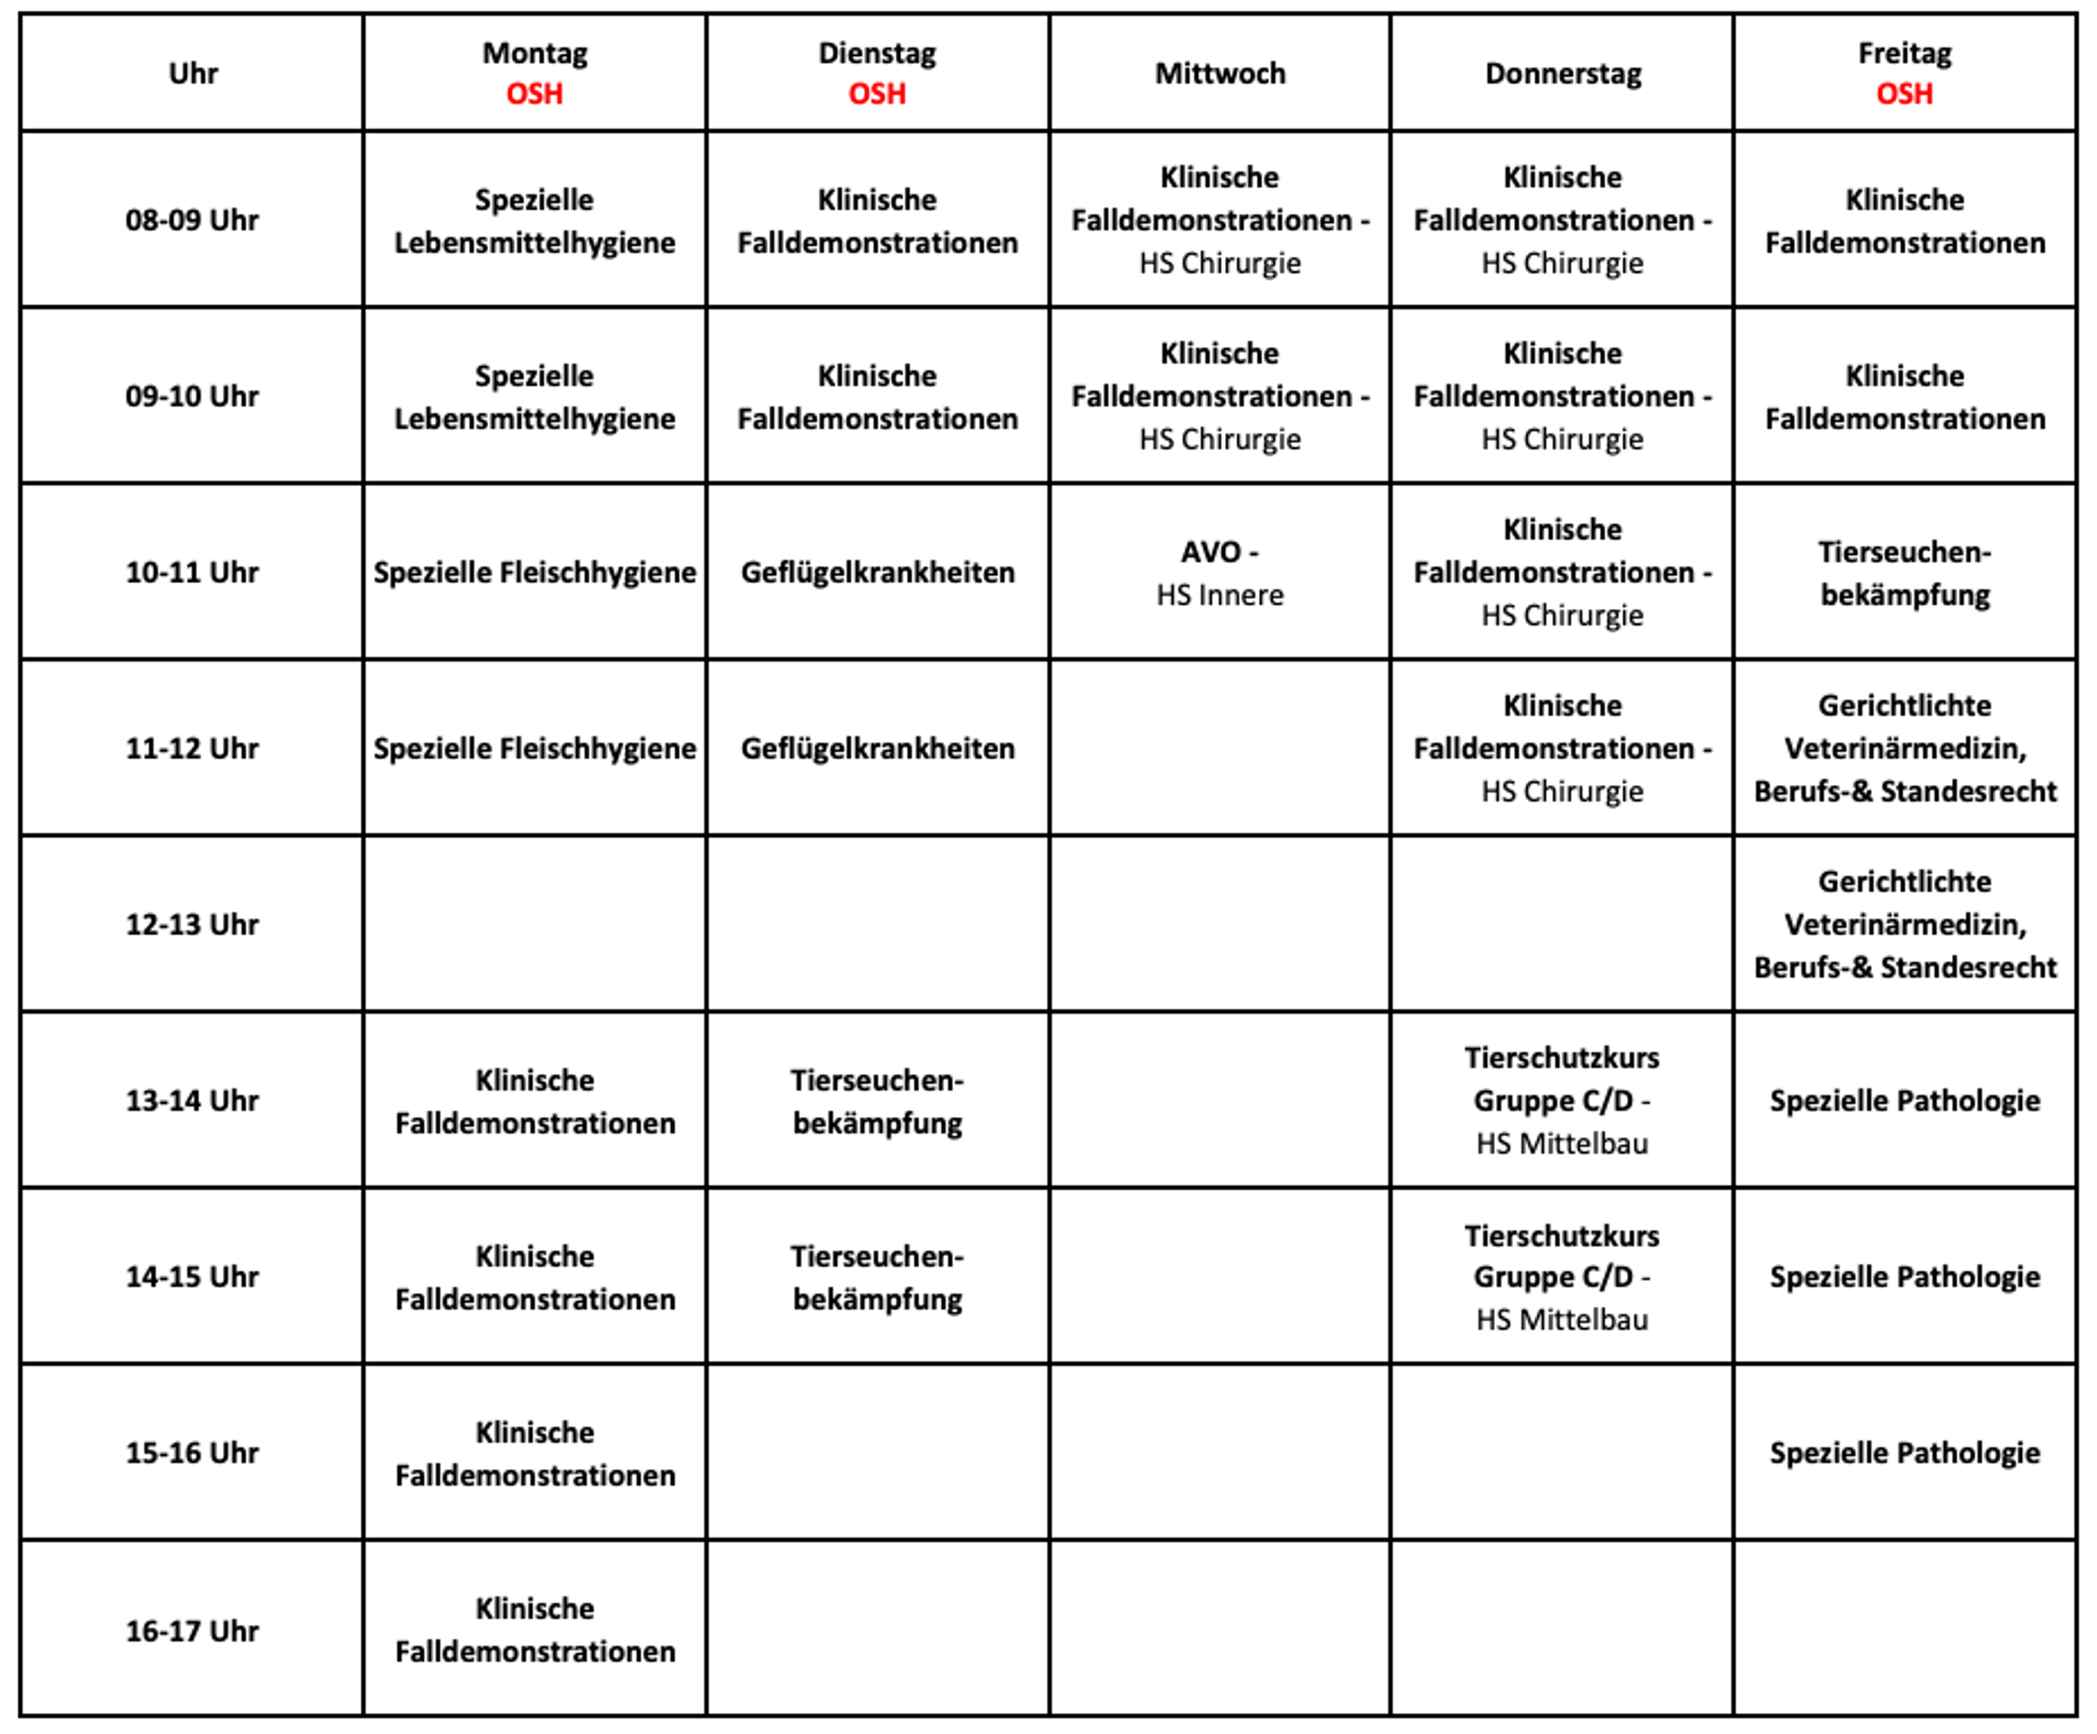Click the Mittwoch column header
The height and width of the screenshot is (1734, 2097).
click(1219, 73)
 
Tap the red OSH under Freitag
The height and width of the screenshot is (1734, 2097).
click(1904, 94)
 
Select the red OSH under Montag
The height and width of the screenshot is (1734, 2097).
click(534, 94)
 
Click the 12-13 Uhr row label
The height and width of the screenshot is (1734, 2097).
click(191, 924)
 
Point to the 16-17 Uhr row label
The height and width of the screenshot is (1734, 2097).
click(191, 1631)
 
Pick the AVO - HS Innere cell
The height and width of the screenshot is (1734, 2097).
click(1219, 572)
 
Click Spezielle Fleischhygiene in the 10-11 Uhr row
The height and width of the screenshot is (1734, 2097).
click(534, 572)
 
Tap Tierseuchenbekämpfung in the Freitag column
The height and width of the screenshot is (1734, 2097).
click(1904, 572)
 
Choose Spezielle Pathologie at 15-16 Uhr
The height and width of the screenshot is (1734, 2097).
click(1904, 1453)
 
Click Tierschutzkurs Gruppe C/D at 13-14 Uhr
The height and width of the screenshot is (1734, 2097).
click(1561, 1079)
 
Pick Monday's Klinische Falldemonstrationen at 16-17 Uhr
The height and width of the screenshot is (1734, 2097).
click(534, 1630)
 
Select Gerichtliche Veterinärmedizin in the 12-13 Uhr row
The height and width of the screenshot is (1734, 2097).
click(1904, 924)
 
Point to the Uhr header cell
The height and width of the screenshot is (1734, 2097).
click(191, 73)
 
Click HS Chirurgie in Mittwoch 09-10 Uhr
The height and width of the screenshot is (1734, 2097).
click(1219, 440)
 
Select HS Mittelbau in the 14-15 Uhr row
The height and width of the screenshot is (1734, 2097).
click(1561, 1320)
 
